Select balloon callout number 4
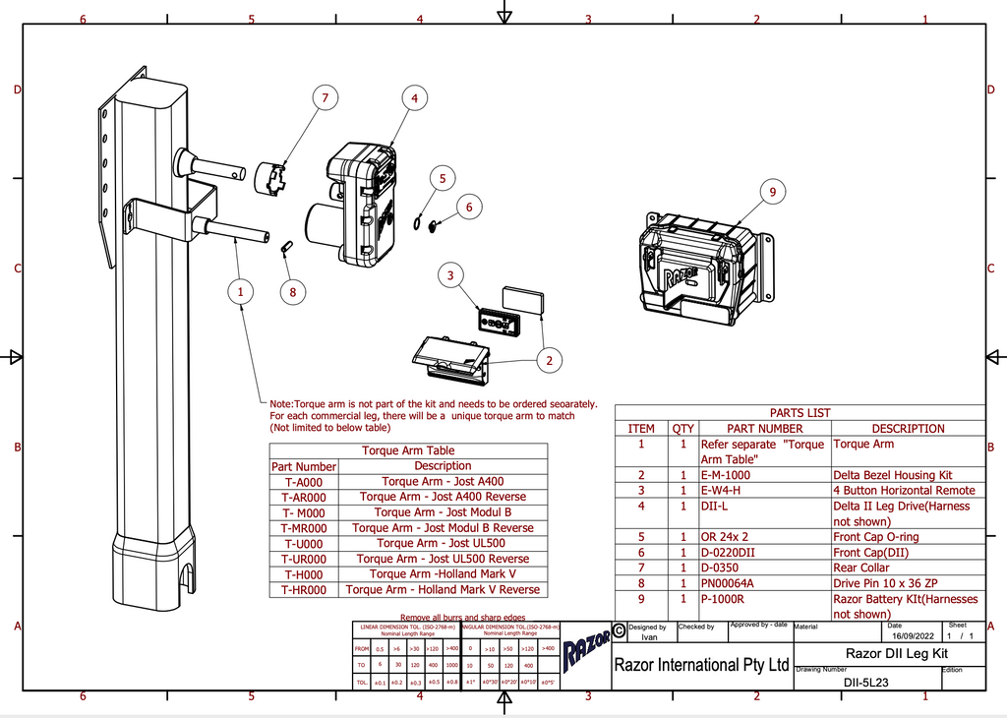coord(415,97)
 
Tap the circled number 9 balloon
coord(772,193)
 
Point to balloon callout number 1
coord(239,291)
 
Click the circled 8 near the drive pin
coord(291,291)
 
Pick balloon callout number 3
coord(450,275)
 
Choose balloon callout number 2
coord(550,361)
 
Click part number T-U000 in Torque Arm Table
coord(304,543)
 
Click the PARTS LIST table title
coord(800,413)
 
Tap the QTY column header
coord(681,429)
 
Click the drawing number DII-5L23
coord(866,682)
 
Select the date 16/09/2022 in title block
coord(908,636)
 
